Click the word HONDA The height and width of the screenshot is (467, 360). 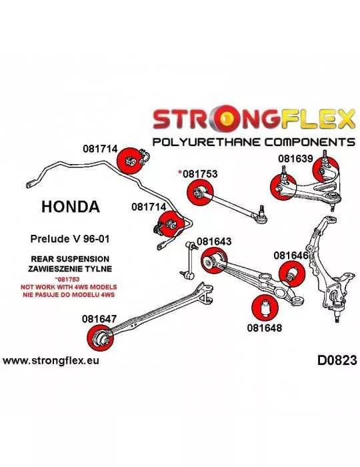(x=70, y=206)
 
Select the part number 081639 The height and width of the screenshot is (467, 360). (x=295, y=159)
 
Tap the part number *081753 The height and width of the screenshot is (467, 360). (x=197, y=173)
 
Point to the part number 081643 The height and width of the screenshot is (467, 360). (x=214, y=242)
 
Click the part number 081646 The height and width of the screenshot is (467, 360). (x=291, y=256)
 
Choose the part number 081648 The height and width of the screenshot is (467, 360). (x=264, y=328)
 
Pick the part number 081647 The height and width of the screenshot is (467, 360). (x=99, y=319)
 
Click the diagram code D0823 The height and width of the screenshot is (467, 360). (x=337, y=360)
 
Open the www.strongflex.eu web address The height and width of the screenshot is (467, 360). (x=51, y=361)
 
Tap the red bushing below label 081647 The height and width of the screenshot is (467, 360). (x=100, y=338)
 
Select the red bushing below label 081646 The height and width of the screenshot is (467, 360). (x=292, y=274)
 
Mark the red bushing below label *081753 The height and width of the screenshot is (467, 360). (x=200, y=193)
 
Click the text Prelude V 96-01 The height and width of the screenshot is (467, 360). (x=70, y=239)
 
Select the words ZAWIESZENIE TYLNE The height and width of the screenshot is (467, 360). (x=70, y=269)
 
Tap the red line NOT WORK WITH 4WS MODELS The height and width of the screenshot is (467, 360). (x=69, y=288)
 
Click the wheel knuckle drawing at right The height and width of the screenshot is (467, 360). (x=327, y=268)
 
